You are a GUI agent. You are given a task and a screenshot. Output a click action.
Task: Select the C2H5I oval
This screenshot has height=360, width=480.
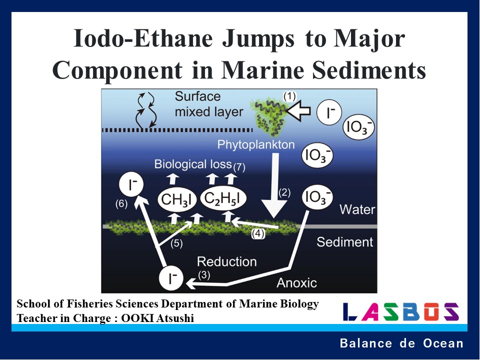[223, 199]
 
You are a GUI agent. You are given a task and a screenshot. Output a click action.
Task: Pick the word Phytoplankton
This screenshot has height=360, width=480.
[256, 144]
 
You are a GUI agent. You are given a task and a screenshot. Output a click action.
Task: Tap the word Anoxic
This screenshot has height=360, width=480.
[297, 282]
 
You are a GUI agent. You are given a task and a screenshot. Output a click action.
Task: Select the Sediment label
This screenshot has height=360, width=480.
[345, 242]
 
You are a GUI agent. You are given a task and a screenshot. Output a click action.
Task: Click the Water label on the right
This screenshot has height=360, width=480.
[357, 209]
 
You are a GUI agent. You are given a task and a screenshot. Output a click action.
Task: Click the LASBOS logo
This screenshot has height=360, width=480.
[401, 311]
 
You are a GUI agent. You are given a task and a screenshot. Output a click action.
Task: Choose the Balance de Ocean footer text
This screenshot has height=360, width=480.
[401, 343]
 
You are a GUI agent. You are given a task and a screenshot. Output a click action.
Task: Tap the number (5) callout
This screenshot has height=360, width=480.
[177, 243]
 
